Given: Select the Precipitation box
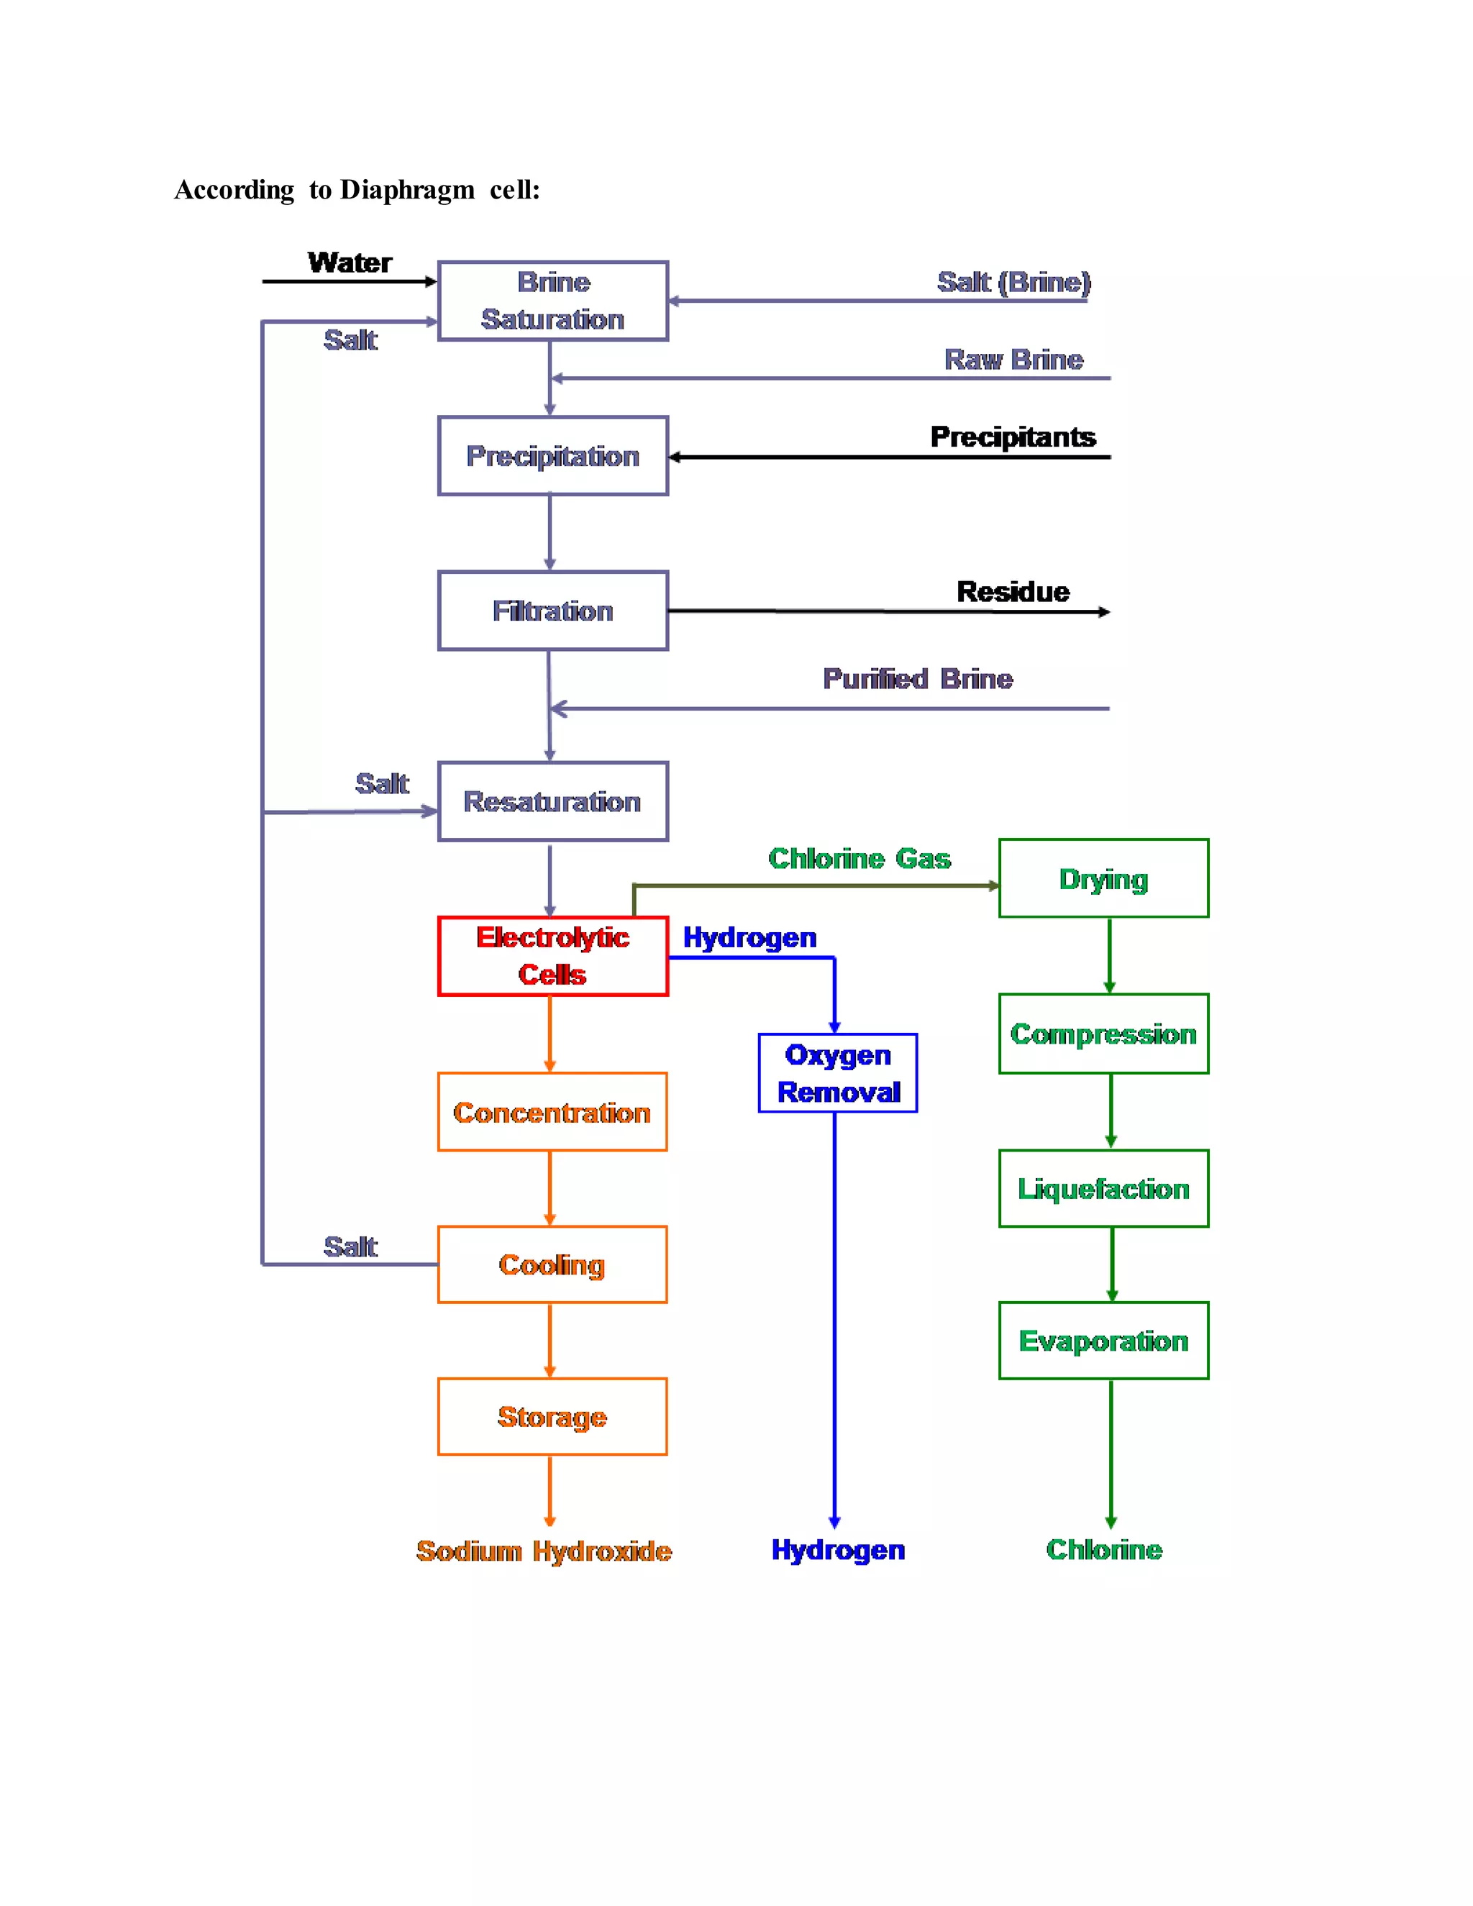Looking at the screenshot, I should [x=552, y=455].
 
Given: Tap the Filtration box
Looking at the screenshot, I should [x=552, y=611].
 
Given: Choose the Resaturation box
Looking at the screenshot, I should [x=552, y=801].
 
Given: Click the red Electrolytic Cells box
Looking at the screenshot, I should [x=552, y=956].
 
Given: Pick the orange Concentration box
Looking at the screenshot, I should [x=552, y=1112].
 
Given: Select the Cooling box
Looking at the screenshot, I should [x=552, y=1264].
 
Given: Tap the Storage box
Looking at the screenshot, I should [x=552, y=1416].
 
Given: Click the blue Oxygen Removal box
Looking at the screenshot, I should [x=838, y=1072].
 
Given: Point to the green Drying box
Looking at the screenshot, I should [x=1103, y=879].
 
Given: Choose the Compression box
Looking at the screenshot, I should [x=1103, y=1034].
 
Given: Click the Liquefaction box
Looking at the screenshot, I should [x=1103, y=1189].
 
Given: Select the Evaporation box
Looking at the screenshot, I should [x=1103, y=1341].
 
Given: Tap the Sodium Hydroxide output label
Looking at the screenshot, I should [x=544, y=1551].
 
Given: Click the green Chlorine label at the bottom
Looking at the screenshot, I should [x=1104, y=1549].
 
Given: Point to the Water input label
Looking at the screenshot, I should [x=350, y=263].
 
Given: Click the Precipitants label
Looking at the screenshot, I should [x=1012, y=437].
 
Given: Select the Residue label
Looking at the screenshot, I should [x=1012, y=592].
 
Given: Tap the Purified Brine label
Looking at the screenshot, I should [x=917, y=679].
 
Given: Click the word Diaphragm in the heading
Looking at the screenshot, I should [x=408, y=189].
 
